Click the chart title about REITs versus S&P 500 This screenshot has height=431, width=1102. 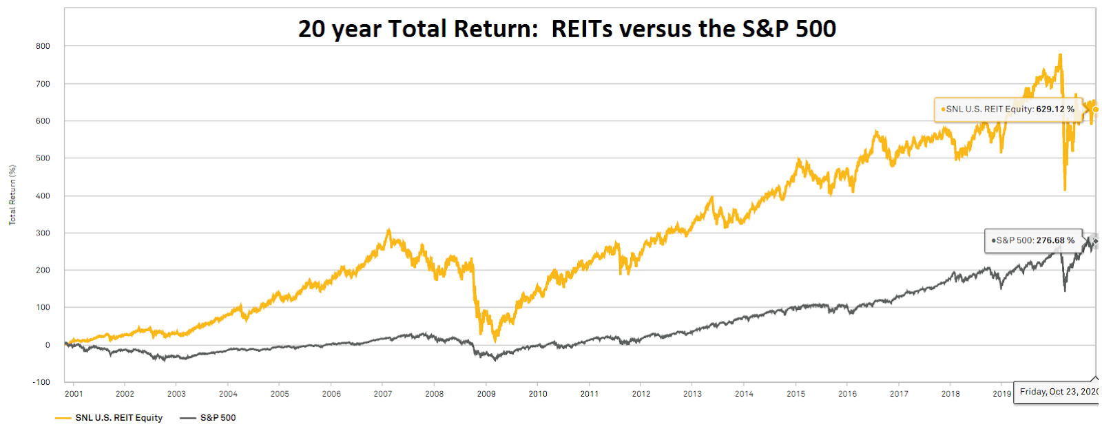click(567, 28)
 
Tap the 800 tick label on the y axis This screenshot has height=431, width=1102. click(43, 46)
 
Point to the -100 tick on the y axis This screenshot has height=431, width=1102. click(41, 382)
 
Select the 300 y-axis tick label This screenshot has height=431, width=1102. click(43, 233)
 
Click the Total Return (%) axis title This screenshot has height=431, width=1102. click(12, 195)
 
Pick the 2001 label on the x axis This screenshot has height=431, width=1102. click(74, 394)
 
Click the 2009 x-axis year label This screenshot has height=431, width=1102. click(486, 394)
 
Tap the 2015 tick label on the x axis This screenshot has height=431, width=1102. click(796, 394)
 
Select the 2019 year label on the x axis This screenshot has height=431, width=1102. click(1001, 394)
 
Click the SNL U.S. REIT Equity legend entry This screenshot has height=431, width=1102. click(109, 418)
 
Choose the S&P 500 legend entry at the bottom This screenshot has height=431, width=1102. click(208, 418)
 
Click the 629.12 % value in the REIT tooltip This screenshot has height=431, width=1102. click(1055, 109)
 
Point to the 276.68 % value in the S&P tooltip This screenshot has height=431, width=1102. click(1055, 240)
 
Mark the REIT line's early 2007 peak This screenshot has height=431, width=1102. click(388, 229)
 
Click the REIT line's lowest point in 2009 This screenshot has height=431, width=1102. click(495, 341)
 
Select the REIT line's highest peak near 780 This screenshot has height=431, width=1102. click(1060, 54)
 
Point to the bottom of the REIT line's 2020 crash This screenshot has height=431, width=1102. click(1065, 190)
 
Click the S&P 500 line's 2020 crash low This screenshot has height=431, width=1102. click(1065, 291)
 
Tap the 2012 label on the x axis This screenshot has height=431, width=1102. click(641, 394)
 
